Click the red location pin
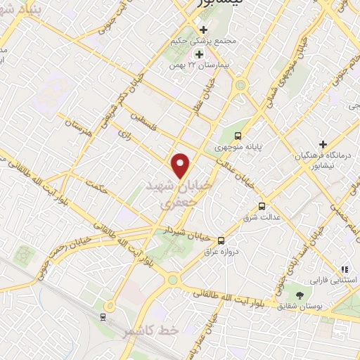[181, 165]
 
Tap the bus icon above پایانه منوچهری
[238, 135]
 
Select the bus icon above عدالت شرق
[262, 206]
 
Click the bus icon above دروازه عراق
[221, 239]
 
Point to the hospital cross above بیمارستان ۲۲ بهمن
[199, 54]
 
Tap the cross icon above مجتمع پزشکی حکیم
[204, 30]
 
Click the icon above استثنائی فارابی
[345, 269]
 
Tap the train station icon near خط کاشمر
[104, 317]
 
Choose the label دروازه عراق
[223, 251]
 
